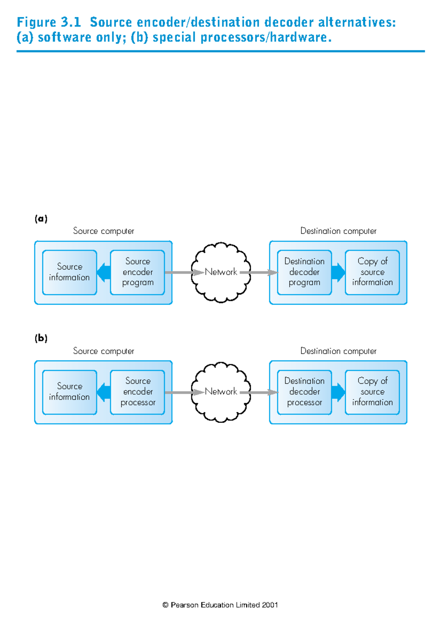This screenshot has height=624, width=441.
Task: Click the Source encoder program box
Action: click(137, 272)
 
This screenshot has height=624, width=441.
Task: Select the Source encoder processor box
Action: click(137, 392)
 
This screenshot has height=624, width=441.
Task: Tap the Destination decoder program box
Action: click(304, 272)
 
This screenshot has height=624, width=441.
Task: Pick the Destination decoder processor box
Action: click(304, 392)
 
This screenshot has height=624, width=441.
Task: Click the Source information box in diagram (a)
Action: click(69, 272)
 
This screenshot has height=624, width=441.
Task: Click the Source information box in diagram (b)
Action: click(69, 392)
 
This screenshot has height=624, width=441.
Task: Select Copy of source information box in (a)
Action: click(372, 272)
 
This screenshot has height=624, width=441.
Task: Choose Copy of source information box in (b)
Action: click(372, 392)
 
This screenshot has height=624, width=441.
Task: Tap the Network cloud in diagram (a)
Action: click(221, 272)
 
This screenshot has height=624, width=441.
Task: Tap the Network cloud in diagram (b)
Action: click(221, 392)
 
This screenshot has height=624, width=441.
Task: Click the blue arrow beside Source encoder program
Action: click(104, 272)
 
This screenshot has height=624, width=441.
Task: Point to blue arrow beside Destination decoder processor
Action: click(338, 392)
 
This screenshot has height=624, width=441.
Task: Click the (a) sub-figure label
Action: click(41, 219)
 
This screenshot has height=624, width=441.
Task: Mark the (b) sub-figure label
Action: click(41, 338)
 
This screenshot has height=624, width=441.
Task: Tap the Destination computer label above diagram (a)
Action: click(338, 231)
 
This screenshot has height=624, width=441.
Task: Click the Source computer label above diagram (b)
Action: click(103, 351)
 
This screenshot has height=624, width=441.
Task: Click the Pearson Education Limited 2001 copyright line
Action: click(220, 605)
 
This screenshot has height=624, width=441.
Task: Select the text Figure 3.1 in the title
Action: click(49, 22)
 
